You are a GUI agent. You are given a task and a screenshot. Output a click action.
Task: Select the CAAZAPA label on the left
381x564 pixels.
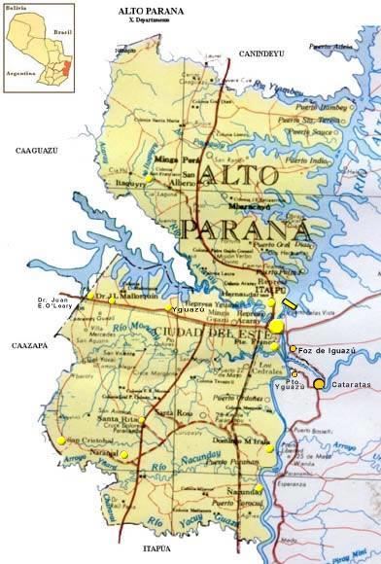click(29, 345)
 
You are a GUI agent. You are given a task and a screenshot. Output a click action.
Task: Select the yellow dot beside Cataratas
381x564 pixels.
click(319, 384)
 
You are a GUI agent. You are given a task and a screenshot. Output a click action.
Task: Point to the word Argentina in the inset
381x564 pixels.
click(21, 72)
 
